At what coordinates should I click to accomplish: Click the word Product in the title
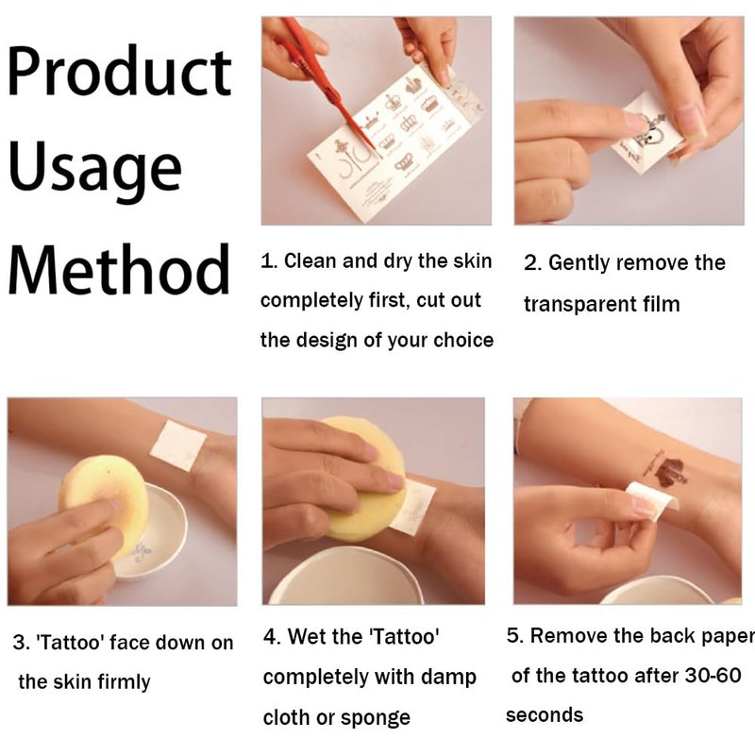tap(120, 73)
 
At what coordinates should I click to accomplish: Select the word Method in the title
tap(119, 269)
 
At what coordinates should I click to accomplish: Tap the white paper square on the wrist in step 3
tap(178, 445)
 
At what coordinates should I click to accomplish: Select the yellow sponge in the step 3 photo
tap(103, 503)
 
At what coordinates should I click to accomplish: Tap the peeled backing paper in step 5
tap(652, 501)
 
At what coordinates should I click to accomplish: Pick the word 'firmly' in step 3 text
tap(124, 682)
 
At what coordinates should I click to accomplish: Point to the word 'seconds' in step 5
tap(545, 715)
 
